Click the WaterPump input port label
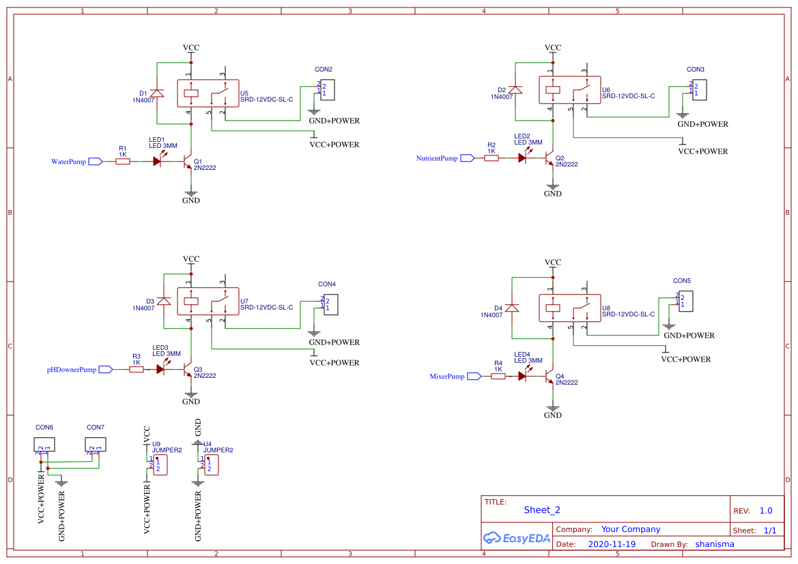click(69, 162)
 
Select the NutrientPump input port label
click(437, 158)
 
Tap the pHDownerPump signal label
click(72, 370)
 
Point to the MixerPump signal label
click(447, 376)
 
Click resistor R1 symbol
click(123, 162)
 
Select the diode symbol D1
click(157, 93)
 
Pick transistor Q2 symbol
click(550, 158)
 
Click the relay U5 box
click(208, 93)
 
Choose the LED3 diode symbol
click(160, 369)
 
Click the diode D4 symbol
click(512, 308)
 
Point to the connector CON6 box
click(44, 444)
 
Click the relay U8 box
click(569, 308)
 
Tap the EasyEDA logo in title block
click(516, 537)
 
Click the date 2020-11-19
click(612, 544)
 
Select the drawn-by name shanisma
click(715, 544)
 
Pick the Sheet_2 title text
click(541, 509)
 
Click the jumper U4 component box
click(211, 465)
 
